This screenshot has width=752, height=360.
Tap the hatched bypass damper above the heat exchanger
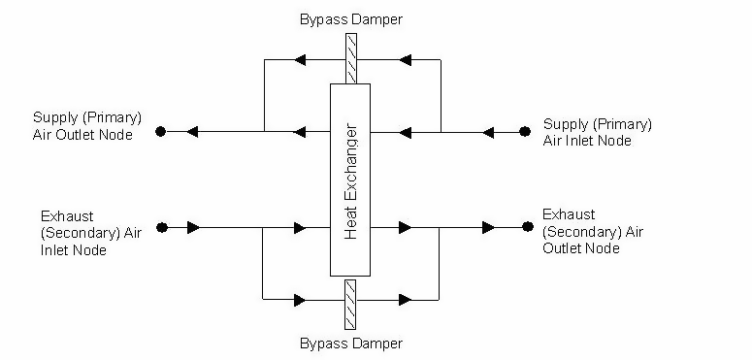click(x=350, y=59)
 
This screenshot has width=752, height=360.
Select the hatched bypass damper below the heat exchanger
click(x=350, y=303)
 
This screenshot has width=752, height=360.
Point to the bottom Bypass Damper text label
click(x=350, y=343)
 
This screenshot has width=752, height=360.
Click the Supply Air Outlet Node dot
click(x=161, y=131)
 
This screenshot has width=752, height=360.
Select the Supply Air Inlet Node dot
click(x=525, y=130)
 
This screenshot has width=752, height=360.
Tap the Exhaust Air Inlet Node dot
click(x=161, y=228)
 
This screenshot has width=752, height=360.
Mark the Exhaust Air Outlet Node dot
click(x=527, y=227)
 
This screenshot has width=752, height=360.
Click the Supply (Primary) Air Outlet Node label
click(x=82, y=127)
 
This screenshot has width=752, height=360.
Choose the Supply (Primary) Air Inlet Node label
click(x=597, y=132)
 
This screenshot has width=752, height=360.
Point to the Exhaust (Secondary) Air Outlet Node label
click(x=594, y=231)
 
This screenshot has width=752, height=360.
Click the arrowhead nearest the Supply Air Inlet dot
click(x=489, y=131)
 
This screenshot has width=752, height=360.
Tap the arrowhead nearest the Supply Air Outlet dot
click(x=192, y=131)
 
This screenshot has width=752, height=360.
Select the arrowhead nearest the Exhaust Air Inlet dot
click(x=194, y=228)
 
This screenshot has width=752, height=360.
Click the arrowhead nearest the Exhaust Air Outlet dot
click(x=490, y=228)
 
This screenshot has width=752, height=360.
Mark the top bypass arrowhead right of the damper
click(x=404, y=60)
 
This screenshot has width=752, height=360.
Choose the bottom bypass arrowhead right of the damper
click(x=405, y=300)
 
